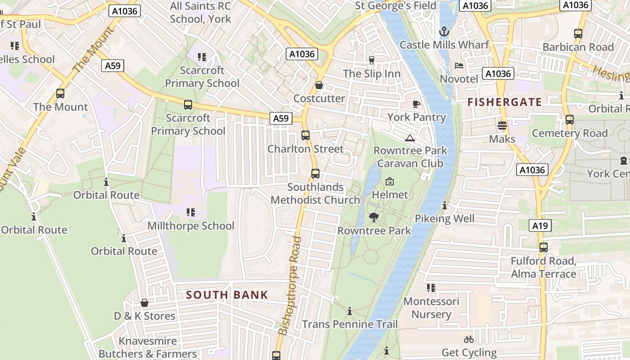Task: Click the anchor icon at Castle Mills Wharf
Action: coord(444,31)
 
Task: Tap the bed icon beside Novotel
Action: coord(459,66)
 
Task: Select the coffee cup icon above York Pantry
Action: coord(416,104)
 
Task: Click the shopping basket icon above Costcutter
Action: coord(319,85)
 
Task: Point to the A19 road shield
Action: coord(540,225)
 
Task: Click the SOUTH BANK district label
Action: coord(227,295)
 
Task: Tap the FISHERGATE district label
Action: coord(504,102)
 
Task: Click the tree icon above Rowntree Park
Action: coord(373,217)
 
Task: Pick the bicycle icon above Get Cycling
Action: coord(469,339)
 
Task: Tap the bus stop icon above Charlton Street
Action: coord(306,135)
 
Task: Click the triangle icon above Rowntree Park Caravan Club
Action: coord(409,137)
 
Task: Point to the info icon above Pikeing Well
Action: coord(445,206)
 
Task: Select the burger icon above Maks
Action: coord(502,126)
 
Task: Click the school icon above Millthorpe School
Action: coord(190,212)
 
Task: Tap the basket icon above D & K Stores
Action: coord(144,303)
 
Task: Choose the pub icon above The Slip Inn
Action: coord(371,60)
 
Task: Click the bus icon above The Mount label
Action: coord(60,94)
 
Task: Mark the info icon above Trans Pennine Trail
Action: coord(350,311)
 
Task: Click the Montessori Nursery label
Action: coord(431,308)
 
